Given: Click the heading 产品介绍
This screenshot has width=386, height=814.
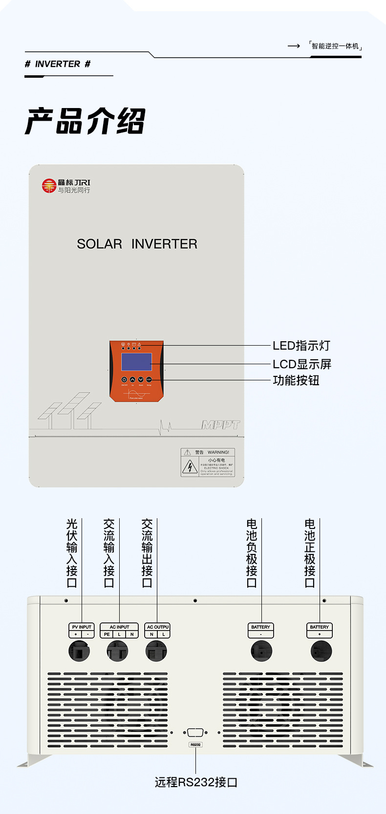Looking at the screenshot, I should (85, 121).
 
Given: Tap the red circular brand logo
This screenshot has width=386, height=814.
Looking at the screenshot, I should (49, 186).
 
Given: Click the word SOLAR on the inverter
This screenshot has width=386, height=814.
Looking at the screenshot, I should (99, 244).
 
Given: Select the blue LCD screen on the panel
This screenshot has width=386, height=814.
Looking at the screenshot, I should (136, 362).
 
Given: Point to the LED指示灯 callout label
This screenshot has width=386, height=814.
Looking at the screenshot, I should (301, 346).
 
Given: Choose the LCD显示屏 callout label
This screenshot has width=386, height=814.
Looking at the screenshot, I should (301, 364).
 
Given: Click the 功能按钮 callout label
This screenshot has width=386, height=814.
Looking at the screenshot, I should (296, 380).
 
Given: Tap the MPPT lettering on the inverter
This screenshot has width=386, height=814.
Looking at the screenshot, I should (221, 424).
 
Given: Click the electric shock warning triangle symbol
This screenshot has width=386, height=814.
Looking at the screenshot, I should (190, 467).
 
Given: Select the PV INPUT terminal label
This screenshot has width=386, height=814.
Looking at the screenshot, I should (82, 627).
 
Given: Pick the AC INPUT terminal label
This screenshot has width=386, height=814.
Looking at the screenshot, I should (119, 627).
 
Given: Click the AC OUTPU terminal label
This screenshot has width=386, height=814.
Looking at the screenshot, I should (157, 627).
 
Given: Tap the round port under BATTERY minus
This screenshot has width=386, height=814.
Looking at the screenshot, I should (261, 651).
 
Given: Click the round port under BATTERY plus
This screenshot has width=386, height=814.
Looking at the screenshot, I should (321, 651).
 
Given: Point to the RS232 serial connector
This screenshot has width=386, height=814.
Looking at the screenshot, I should (195, 732).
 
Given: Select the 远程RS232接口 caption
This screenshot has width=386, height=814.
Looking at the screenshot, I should (195, 782).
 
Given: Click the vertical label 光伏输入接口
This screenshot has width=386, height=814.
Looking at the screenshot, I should (72, 553).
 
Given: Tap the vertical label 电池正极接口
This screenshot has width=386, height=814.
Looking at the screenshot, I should (310, 553).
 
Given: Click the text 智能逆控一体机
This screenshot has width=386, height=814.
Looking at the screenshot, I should (335, 46).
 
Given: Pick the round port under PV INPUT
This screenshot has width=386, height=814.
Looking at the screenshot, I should (79, 651).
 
